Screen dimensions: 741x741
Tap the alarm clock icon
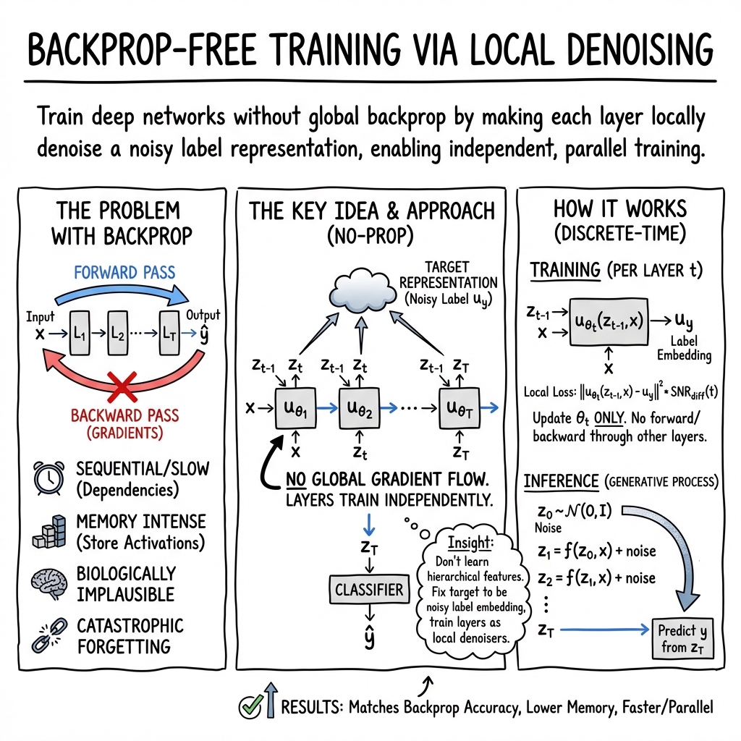[x=49, y=478]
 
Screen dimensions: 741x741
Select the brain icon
[x=49, y=584]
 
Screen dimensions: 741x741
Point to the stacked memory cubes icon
[x=49, y=531]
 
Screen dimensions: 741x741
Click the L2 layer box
[x=118, y=333]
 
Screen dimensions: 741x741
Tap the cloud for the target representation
[x=361, y=291]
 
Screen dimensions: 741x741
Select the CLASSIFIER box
[x=369, y=589]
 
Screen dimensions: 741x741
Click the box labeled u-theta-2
[x=359, y=408]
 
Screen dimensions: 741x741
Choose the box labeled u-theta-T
[x=460, y=408]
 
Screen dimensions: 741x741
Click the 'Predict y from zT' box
[x=682, y=638]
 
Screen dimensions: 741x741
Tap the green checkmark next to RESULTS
[x=250, y=707]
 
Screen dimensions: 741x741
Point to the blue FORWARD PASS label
[x=124, y=272]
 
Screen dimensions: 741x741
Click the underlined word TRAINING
[x=564, y=271]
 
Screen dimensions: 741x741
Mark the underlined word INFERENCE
[x=561, y=481]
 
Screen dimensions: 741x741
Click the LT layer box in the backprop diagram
[x=169, y=333]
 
